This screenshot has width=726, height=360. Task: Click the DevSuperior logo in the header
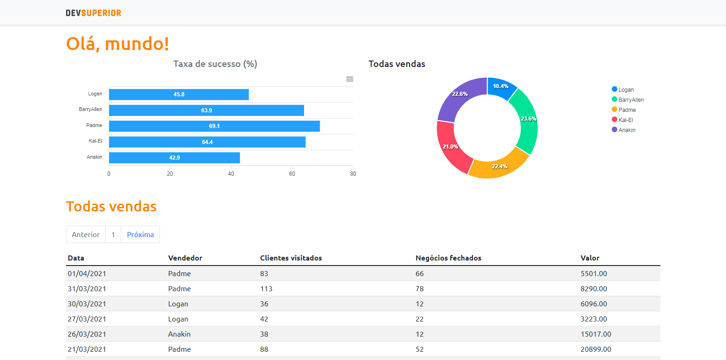click(x=94, y=13)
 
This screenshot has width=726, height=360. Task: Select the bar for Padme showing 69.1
click(x=214, y=126)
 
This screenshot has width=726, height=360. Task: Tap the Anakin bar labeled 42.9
click(x=174, y=158)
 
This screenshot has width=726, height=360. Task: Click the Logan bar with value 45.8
click(x=179, y=94)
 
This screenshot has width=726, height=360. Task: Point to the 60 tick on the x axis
click(x=292, y=174)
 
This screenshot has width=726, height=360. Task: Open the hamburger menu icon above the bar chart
click(x=349, y=79)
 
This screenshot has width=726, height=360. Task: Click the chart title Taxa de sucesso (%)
click(x=215, y=64)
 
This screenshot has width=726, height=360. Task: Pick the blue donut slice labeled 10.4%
click(x=500, y=87)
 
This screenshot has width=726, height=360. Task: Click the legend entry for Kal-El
click(x=625, y=120)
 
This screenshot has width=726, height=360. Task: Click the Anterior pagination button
click(x=86, y=234)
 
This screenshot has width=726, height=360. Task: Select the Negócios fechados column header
click(x=448, y=258)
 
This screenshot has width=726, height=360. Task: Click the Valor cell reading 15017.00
click(x=596, y=334)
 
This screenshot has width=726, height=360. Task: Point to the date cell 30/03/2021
click(x=87, y=304)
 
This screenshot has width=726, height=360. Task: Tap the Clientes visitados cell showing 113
click(x=266, y=289)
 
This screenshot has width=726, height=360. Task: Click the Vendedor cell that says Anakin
click(x=179, y=334)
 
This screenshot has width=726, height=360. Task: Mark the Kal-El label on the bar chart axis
click(x=95, y=141)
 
